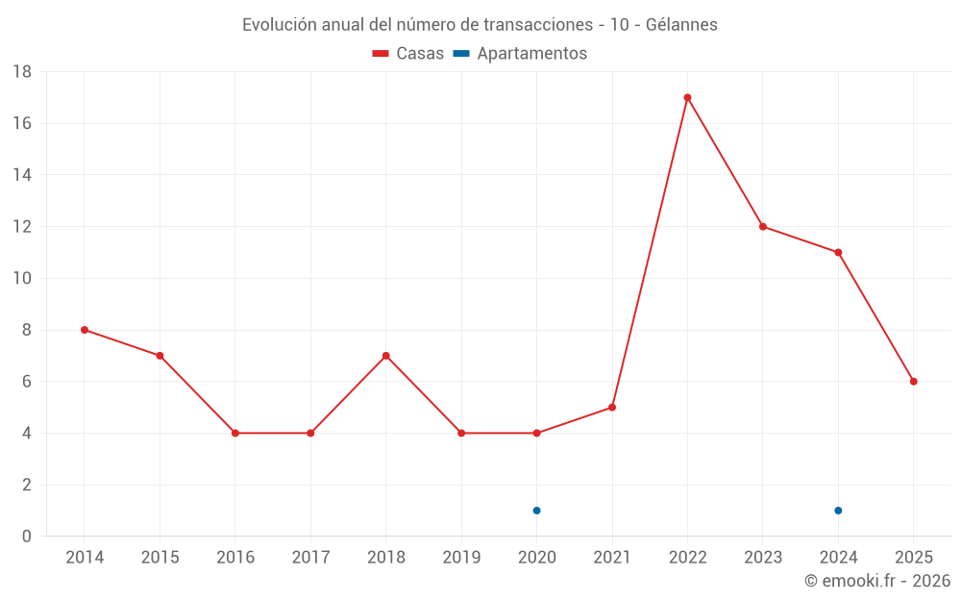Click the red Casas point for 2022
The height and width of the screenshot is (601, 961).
pyautogui.click(x=687, y=97)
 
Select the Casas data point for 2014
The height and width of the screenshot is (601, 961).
pyautogui.click(x=85, y=330)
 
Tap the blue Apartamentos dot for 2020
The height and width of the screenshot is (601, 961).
pyautogui.click(x=536, y=511)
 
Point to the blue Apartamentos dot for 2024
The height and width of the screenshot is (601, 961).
pyautogui.click(x=838, y=511)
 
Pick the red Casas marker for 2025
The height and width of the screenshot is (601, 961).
pyautogui.click(x=913, y=382)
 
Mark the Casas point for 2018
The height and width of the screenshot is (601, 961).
pyautogui.click(x=385, y=356)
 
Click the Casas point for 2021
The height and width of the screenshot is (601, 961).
pyautogui.click(x=612, y=408)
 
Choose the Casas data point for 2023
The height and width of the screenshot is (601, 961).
pyautogui.click(x=763, y=227)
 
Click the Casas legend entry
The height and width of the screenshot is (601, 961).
pyautogui.click(x=408, y=54)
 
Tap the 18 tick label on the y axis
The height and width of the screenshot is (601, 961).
pyautogui.click(x=22, y=72)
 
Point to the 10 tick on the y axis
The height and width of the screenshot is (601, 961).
pyautogui.click(x=22, y=279)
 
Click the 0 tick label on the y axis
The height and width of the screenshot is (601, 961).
pyautogui.click(x=27, y=537)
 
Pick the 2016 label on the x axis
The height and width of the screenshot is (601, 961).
pyautogui.click(x=235, y=557)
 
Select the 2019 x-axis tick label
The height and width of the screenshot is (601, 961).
pyautogui.click(x=461, y=557)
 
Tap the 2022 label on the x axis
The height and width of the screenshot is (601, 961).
pyautogui.click(x=687, y=557)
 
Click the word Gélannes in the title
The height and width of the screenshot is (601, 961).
pyautogui.click(x=680, y=25)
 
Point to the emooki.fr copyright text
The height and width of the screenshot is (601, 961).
pyautogui.click(x=877, y=581)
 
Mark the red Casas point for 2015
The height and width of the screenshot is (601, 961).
pyautogui.click(x=160, y=356)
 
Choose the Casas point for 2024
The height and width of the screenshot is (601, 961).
pyautogui.click(x=838, y=253)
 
